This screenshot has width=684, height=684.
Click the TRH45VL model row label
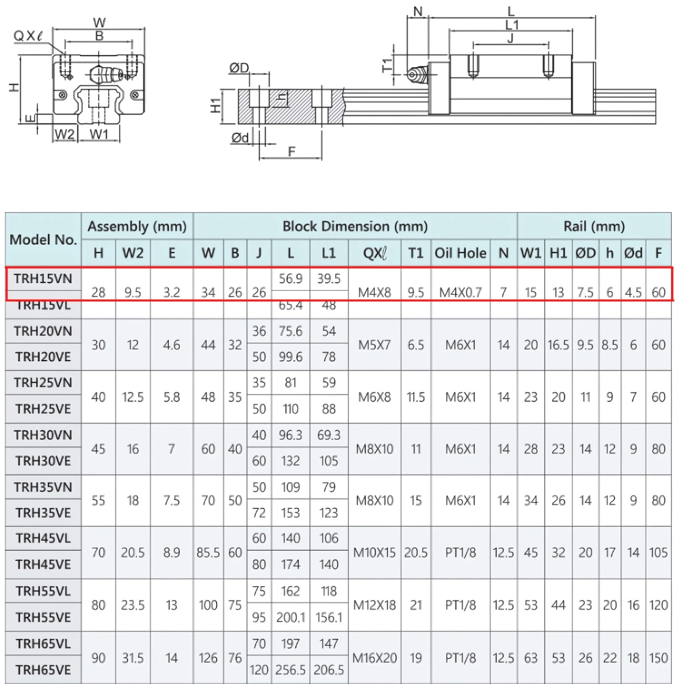point(43,538)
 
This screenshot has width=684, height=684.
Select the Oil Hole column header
point(460,253)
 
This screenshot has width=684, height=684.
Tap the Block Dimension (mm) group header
point(355,226)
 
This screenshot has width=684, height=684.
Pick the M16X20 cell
point(374,658)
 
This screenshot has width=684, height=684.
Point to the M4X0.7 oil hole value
point(460,293)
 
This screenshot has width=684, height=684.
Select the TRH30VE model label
point(43,461)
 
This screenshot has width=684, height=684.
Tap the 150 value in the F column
point(659,658)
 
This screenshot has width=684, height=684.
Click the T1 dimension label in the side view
point(387,65)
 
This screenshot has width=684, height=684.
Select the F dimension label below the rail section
point(291,151)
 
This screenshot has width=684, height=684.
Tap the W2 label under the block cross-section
point(64,133)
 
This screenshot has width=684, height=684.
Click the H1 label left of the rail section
point(215,105)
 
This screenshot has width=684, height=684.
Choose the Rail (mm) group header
point(594,226)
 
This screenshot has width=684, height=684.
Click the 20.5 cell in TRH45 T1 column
point(416,552)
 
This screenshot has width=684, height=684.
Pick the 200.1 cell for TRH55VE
point(291,618)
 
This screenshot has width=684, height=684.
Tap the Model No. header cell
point(43,239)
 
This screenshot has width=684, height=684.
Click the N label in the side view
point(418,10)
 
